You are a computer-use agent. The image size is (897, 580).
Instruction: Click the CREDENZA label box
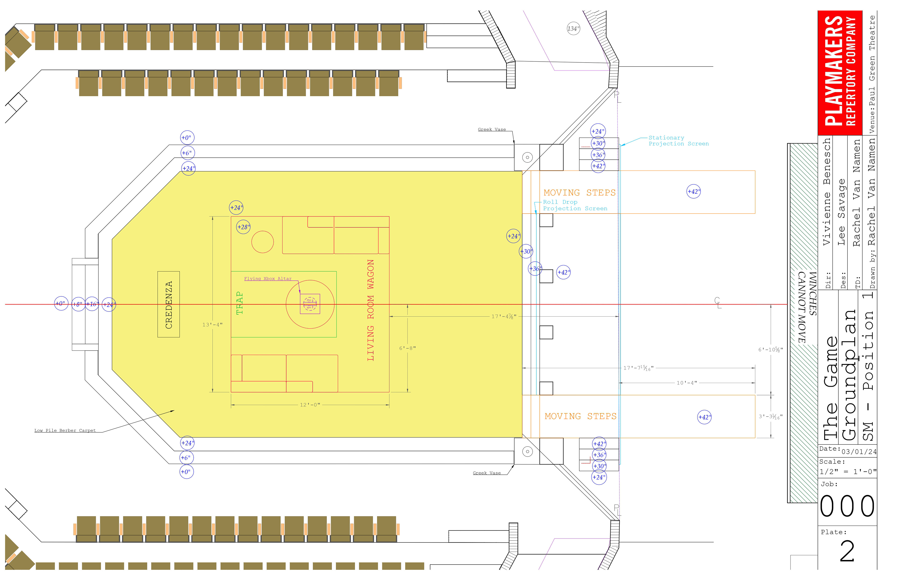click(x=168, y=304)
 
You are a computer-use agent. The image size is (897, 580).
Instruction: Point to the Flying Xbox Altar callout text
click(x=268, y=279)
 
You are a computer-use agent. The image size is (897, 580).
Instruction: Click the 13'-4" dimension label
click(x=212, y=325)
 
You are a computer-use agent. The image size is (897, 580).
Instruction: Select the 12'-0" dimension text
click(x=310, y=405)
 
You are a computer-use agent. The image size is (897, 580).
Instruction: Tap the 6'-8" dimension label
click(x=407, y=348)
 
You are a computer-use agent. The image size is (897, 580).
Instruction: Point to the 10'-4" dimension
click(x=687, y=383)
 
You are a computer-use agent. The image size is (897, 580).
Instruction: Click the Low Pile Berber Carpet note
click(x=65, y=430)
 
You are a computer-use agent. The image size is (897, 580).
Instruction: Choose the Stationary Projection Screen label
click(x=678, y=141)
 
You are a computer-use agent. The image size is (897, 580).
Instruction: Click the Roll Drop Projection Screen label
click(x=575, y=205)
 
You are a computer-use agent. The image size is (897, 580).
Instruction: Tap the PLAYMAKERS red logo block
click(x=840, y=72)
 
